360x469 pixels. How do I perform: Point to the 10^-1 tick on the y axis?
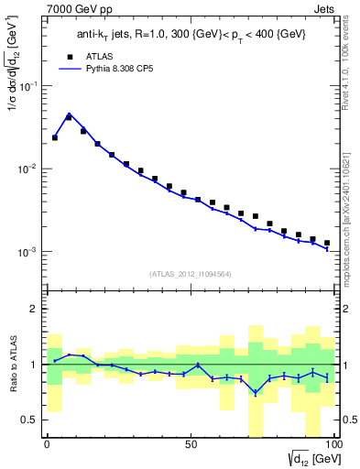[x=31, y=86]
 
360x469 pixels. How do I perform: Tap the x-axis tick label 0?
[x=47, y=443]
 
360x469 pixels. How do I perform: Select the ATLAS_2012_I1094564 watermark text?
[x=190, y=273]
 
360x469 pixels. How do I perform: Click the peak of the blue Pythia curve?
[x=70, y=115]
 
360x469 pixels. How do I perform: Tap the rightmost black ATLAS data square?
[x=327, y=243]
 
